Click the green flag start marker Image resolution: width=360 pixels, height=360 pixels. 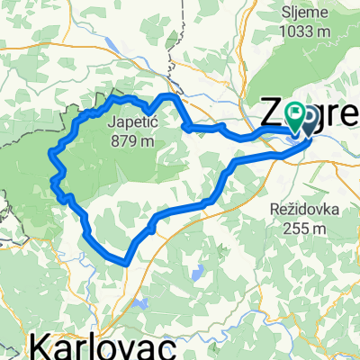[x=295, y=113]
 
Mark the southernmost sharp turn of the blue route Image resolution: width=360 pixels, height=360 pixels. [x=127, y=262]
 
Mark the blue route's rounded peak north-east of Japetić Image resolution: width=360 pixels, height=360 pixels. [x=168, y=95]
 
